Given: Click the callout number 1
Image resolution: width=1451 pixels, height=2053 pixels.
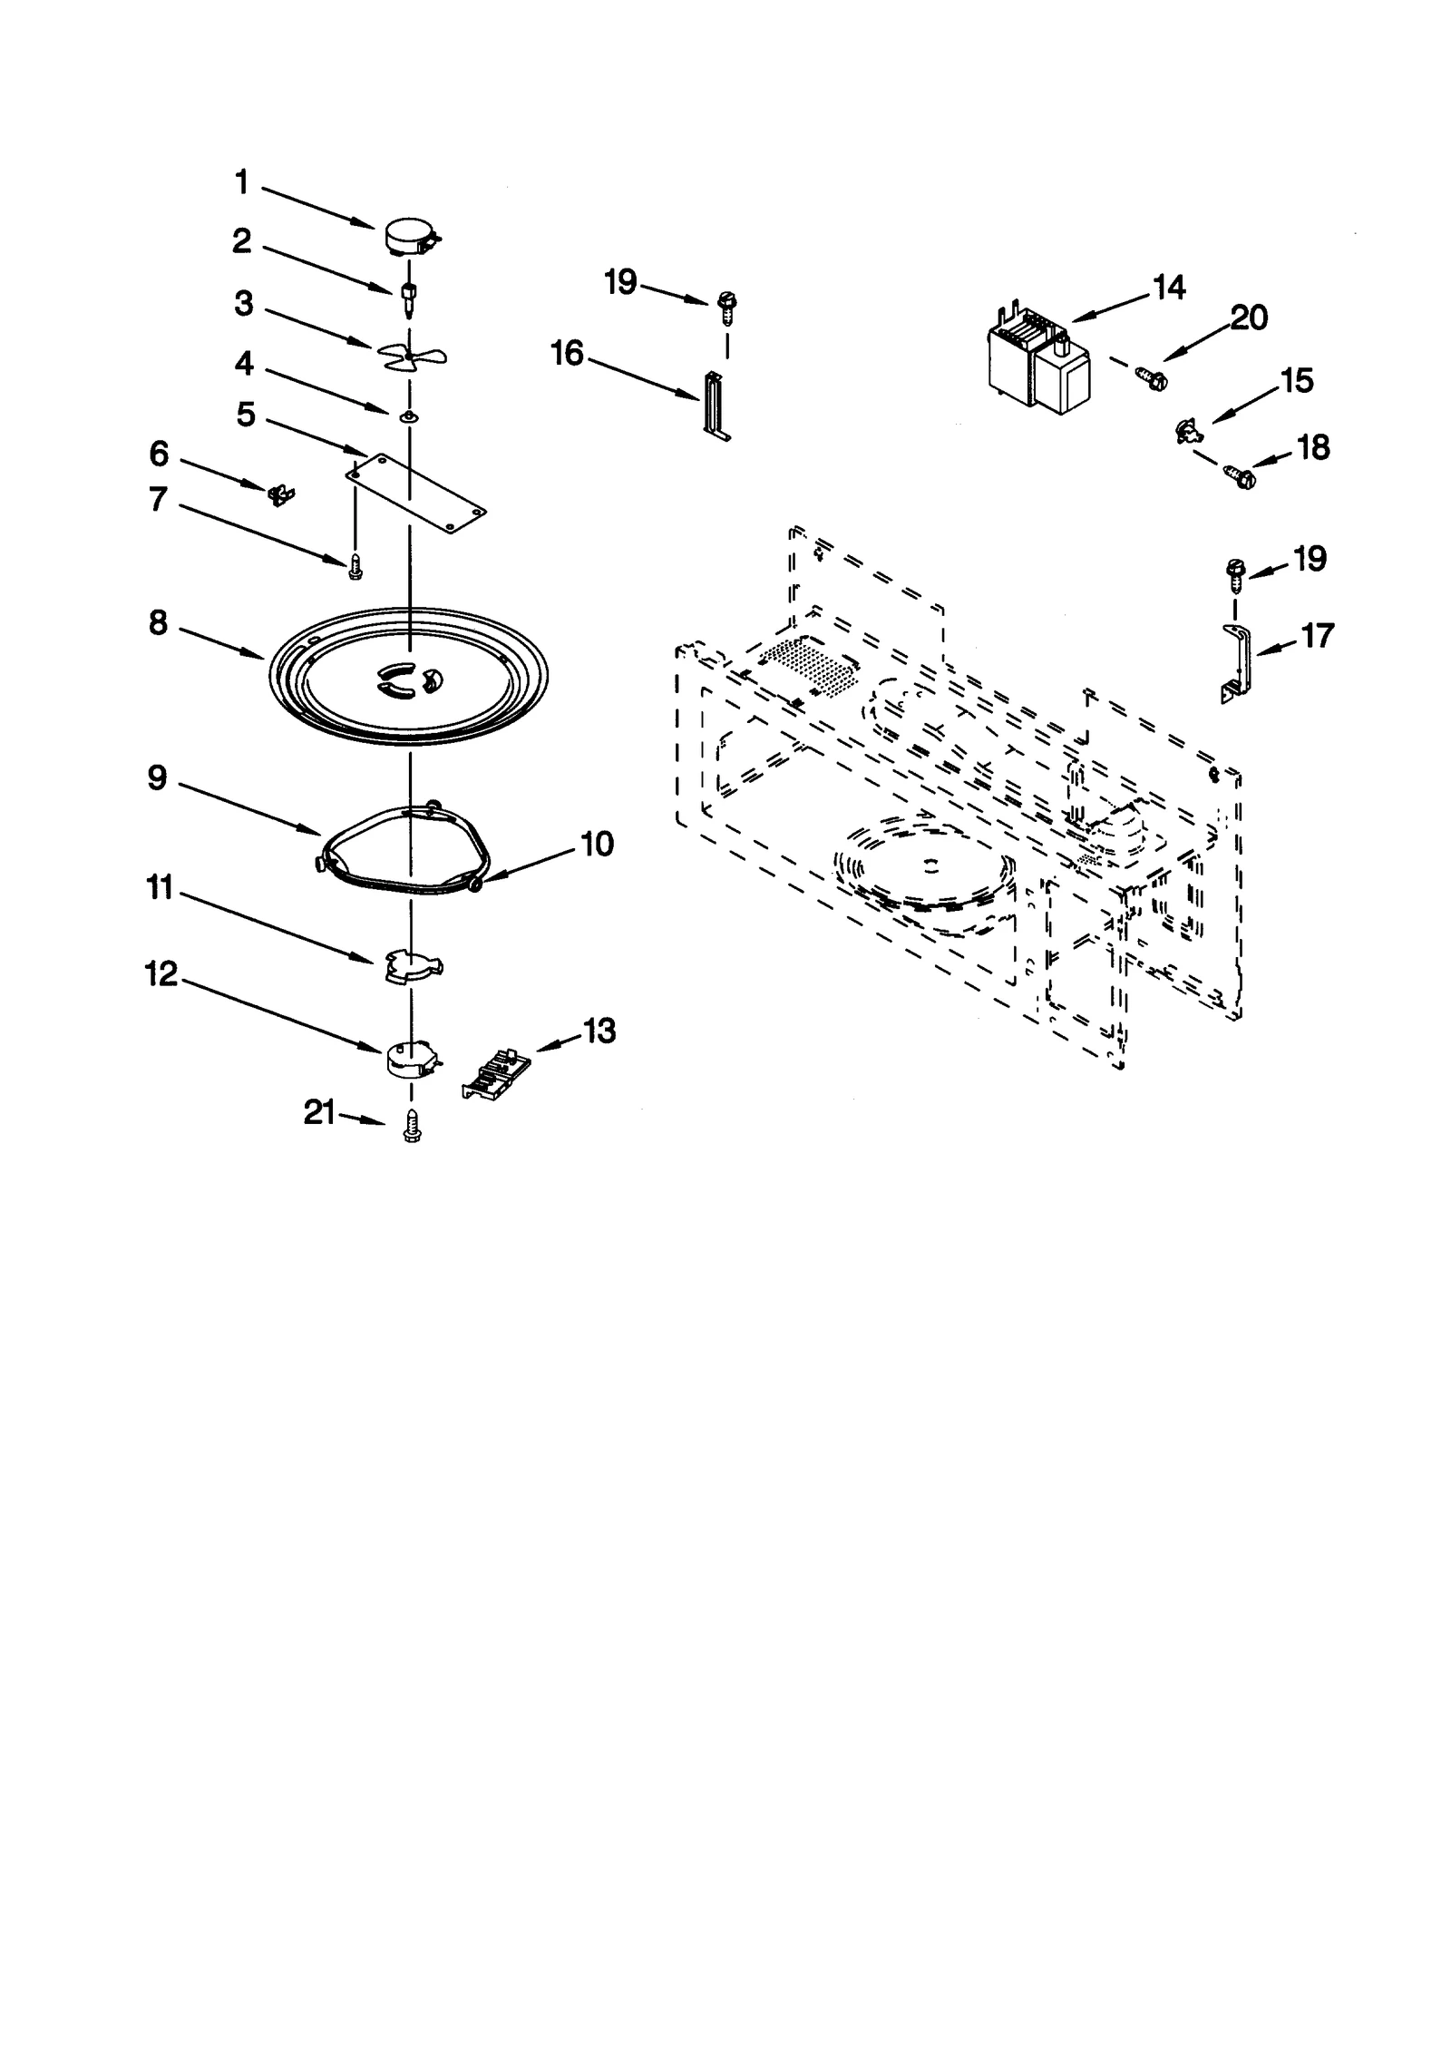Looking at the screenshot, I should pos(241,182).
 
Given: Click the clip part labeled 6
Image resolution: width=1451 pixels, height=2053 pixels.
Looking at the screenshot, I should pos(282,494).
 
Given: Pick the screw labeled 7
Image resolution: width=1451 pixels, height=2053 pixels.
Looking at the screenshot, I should pos(355,568).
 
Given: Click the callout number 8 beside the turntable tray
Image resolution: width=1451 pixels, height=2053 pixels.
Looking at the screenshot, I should pos(159,622).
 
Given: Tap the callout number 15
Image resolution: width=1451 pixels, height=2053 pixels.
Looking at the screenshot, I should pos(1297,381).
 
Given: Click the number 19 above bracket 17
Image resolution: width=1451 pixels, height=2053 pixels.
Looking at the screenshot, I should pos(1309,558).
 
